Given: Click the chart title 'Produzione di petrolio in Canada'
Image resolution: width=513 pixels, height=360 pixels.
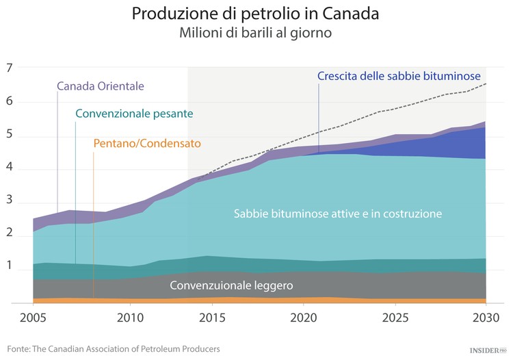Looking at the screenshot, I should (x=256, y=14).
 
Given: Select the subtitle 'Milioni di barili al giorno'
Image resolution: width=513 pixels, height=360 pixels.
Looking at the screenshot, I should (x=256, y=33).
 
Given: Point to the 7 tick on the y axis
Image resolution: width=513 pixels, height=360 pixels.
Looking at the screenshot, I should (x=10, y=68).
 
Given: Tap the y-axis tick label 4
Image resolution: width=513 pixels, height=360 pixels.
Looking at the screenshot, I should (x=10, y=169).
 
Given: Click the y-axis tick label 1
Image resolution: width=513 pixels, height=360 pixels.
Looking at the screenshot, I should (x=10, y=270).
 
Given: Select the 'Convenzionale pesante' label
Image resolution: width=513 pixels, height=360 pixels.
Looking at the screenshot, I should (x=134, y=113).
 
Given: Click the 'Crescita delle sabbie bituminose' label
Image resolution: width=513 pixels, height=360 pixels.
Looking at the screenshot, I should (x=399, y=76).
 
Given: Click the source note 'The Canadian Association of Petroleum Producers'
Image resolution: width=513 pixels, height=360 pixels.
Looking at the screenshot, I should (x=127, y=348).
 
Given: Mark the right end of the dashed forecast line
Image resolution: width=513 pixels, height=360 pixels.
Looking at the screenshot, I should (x=486, y=83).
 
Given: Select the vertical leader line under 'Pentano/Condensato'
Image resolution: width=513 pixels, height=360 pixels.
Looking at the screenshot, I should (x=93, y=226).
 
